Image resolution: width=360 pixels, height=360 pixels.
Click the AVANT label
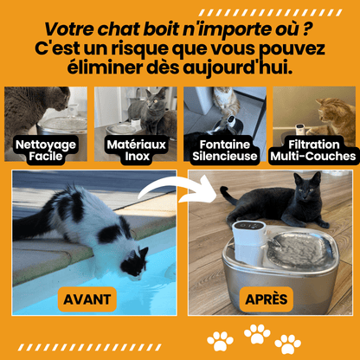pyautogui.click(x=87, y=299)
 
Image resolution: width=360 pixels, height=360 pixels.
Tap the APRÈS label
pyautogui.click(x=267, y=299)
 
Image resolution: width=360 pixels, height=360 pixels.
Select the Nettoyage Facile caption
pyautogui.click(x=46, y=151)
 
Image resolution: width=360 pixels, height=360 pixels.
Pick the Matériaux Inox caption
pyautogui.click(x=137, y=151)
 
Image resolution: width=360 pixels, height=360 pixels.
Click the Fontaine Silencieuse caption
pyautogui.click(x=225, y=151)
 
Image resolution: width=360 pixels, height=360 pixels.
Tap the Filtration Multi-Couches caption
pyautogui.click(x=313, y=151)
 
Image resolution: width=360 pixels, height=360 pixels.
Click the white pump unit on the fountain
pyautogui.click(x=248, y=241)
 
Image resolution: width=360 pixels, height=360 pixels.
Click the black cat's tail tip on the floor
pyautogui.click(x=222, y=190)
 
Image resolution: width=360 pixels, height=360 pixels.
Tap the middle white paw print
pyautogui.click(x=257, y=334)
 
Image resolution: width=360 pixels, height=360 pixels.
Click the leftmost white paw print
pyautogui.click(x=220, y=341)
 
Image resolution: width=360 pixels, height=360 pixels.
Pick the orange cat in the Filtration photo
pyautogui.click(x=336, y=119)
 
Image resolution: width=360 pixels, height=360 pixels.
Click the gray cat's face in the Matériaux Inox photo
pyautogui.click(x=154, y=100)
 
